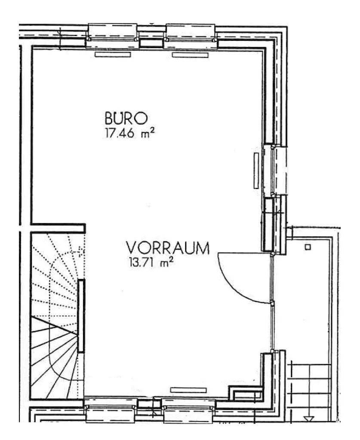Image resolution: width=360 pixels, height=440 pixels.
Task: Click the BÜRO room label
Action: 126,118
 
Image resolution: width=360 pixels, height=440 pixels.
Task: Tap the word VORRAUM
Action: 168,248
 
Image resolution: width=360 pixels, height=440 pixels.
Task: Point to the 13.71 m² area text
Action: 151,263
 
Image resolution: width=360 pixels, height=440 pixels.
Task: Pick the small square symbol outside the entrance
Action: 308,247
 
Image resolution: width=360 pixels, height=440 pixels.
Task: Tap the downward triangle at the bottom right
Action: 309,419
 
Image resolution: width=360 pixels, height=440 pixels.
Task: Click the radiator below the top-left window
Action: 113,55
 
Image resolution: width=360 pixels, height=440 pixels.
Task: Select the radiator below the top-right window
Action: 190,55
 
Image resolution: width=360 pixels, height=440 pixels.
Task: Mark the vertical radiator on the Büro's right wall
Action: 256,170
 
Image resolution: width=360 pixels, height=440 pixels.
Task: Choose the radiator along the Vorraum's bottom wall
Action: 188,390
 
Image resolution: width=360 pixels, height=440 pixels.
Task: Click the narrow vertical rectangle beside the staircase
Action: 81,316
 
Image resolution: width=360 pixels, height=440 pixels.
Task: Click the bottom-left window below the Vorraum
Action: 111,409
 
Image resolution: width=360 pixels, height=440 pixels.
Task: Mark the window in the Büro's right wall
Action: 275,170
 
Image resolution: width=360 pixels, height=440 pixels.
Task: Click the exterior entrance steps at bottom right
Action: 309,392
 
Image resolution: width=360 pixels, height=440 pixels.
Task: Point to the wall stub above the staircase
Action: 58,228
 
